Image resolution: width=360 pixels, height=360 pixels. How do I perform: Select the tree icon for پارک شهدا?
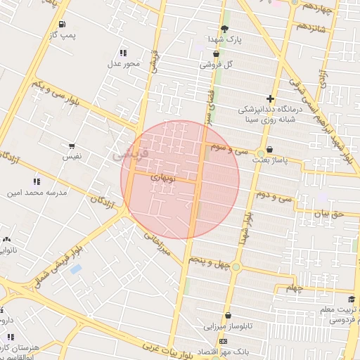224,29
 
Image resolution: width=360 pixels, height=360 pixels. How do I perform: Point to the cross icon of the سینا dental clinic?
271,99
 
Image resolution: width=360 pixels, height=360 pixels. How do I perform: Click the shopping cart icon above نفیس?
72,146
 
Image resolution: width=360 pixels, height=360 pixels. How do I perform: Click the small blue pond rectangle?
76,269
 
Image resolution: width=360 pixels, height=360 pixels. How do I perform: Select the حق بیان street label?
330,213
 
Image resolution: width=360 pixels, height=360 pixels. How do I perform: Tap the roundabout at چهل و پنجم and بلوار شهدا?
236,266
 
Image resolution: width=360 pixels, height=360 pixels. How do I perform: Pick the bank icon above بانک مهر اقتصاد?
224,341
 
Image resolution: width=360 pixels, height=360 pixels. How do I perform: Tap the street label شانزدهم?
310,26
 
